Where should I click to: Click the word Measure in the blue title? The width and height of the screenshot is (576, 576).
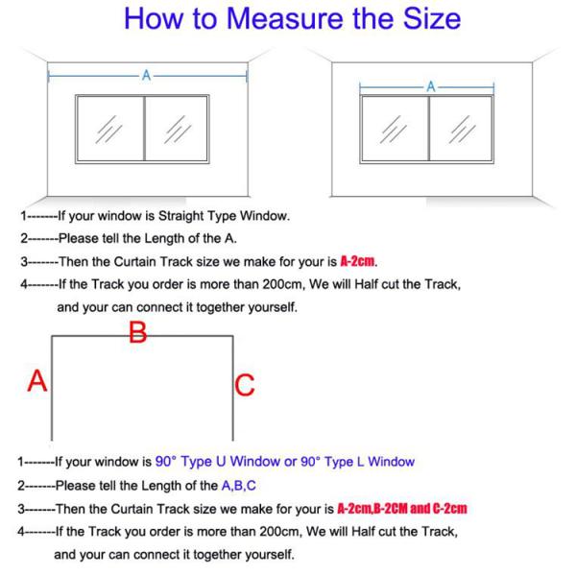point(286,18)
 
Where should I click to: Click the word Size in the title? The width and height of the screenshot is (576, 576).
point(432,18)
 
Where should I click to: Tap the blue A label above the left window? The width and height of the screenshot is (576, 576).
point(146,75)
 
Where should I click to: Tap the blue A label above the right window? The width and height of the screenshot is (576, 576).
point(430,87)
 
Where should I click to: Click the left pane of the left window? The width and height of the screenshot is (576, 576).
point(110,129)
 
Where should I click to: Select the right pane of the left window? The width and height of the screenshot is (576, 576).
point(177,129)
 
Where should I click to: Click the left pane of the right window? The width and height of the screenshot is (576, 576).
point(395,129)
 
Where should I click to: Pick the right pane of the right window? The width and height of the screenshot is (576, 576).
point(461,129)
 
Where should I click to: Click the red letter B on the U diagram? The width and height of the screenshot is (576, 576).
point(137,333)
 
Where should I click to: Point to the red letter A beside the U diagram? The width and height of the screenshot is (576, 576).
point(37,380)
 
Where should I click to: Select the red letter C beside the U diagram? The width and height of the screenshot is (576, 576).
point(245,385)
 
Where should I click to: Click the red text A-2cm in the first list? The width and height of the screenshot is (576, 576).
point(357,261)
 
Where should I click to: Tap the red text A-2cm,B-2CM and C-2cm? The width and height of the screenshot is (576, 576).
point(402,509)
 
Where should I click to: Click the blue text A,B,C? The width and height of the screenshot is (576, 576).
point(238,486)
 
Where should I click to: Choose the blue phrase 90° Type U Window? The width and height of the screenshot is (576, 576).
point(218,462)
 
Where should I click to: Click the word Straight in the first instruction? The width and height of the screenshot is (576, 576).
point(181,216)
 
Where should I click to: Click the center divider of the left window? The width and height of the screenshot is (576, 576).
point(144,129)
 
